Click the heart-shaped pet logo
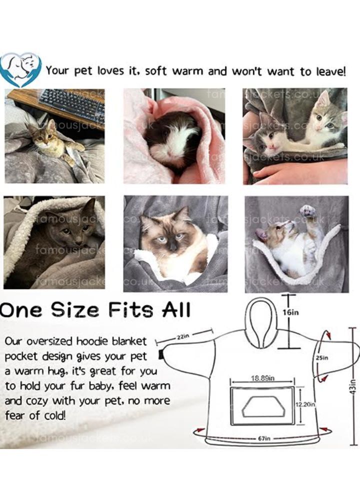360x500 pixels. (x=20, y=69)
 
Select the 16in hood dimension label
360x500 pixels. (x=290, y=312)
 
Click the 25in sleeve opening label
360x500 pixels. (x=322, y=358)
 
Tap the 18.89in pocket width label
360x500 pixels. (x=262, y=378)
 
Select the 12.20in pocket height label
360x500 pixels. (x=305, y=404)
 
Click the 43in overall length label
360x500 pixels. (x=352, y=387)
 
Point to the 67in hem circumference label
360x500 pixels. (x=264, y=438)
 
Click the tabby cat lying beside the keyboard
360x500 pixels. (x=52, y=141)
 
